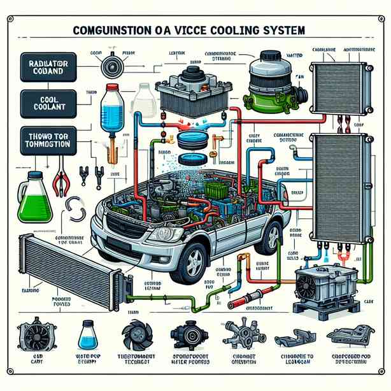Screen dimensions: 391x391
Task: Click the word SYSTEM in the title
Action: tap(276, 30)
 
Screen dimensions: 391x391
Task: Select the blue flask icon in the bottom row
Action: tap(87, 334)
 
